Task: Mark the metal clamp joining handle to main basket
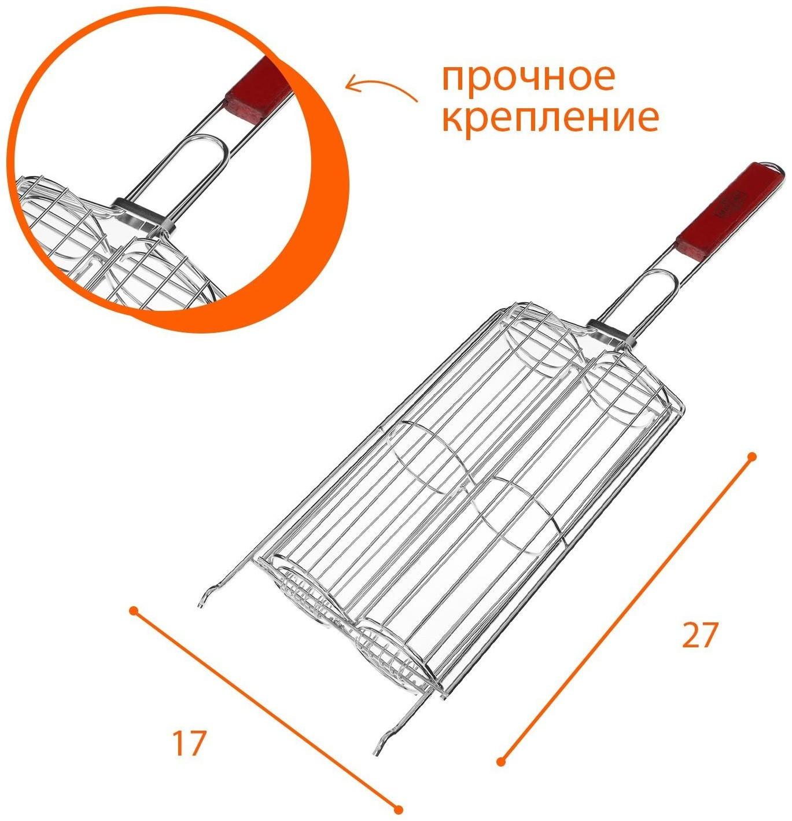(x=607, y=331)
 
